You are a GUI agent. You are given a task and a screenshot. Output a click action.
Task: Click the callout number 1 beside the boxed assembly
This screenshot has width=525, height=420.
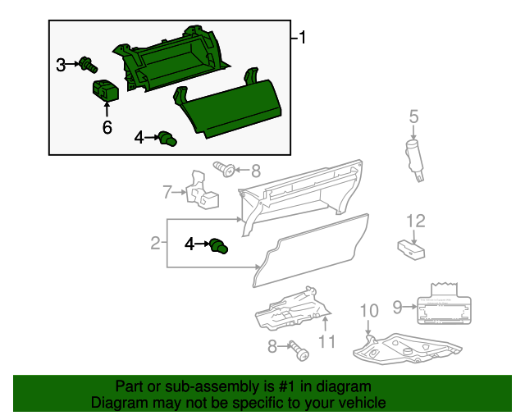coord(302,38)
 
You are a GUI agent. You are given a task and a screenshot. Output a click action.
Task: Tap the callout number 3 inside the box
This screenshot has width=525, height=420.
coord(61,65)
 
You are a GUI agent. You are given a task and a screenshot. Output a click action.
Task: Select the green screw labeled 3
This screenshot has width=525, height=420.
coord(87,64)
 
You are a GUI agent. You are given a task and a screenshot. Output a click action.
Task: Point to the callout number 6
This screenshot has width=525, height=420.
coord(106,127)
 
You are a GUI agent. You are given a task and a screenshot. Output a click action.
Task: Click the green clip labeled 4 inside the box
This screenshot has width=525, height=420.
coord(168,138)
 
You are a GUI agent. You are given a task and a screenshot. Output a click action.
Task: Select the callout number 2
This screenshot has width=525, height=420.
coord(154,243)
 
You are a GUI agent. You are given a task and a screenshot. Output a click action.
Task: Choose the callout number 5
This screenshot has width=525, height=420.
coord(414,117)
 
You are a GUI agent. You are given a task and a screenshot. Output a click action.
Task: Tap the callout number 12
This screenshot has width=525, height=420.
coord(416,220)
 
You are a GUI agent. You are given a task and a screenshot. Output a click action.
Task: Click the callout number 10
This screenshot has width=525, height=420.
coord(369,310)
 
